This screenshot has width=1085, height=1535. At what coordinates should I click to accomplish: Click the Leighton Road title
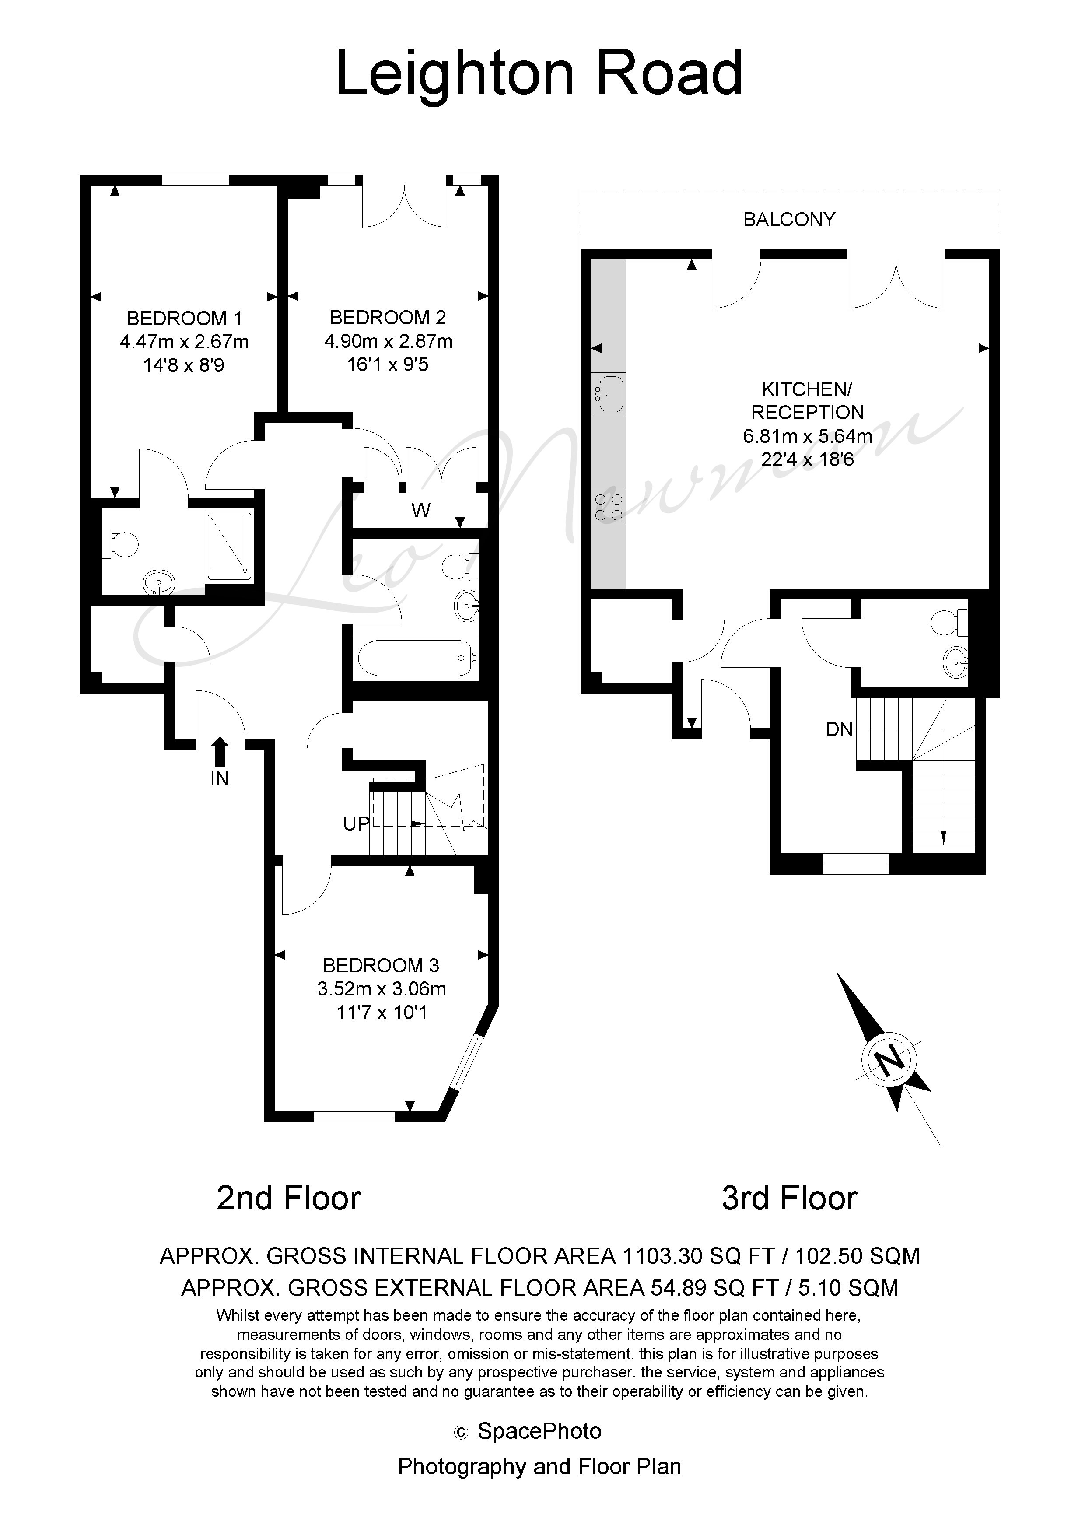pyautogui.click(x=539, y=74)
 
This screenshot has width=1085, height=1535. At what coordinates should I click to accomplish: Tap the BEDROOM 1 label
pyautogui.click(x=185, y=318)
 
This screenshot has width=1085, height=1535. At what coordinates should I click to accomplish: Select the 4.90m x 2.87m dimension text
pyautogui.click(x=388, y=342)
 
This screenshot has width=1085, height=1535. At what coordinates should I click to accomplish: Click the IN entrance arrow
pyautogui.click(x=220, y=751)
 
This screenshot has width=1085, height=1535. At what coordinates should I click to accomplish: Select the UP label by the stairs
pyautogui.click(x=356, y=824)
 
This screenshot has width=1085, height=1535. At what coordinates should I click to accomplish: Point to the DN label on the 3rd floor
pyautogui.click(x=840, y=729)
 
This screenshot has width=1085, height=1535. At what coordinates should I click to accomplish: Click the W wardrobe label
pyautogui.click(x=420, y=511)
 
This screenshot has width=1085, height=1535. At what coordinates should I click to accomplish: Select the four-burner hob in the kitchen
pyautogui.click(x=609, y=506)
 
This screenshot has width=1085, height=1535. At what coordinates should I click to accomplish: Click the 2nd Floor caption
pyautogui.click(x=289, y=1199)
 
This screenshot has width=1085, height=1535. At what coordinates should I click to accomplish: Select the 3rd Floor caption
pyautogui.click(x=790, y=1199)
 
